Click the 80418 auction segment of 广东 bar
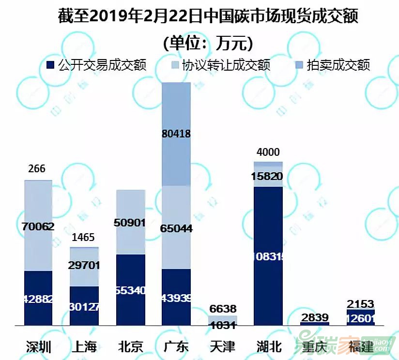[176, 134]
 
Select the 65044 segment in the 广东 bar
[176, 227]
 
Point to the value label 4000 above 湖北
[268, 152]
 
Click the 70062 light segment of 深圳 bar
[38, 225]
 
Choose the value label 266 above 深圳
[37, 169]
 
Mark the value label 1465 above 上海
[83, 238]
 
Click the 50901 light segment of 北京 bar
[130, 222]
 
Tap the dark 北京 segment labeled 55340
[130, 290]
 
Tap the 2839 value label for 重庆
[314, 317]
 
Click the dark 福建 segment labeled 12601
[360, 318]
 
